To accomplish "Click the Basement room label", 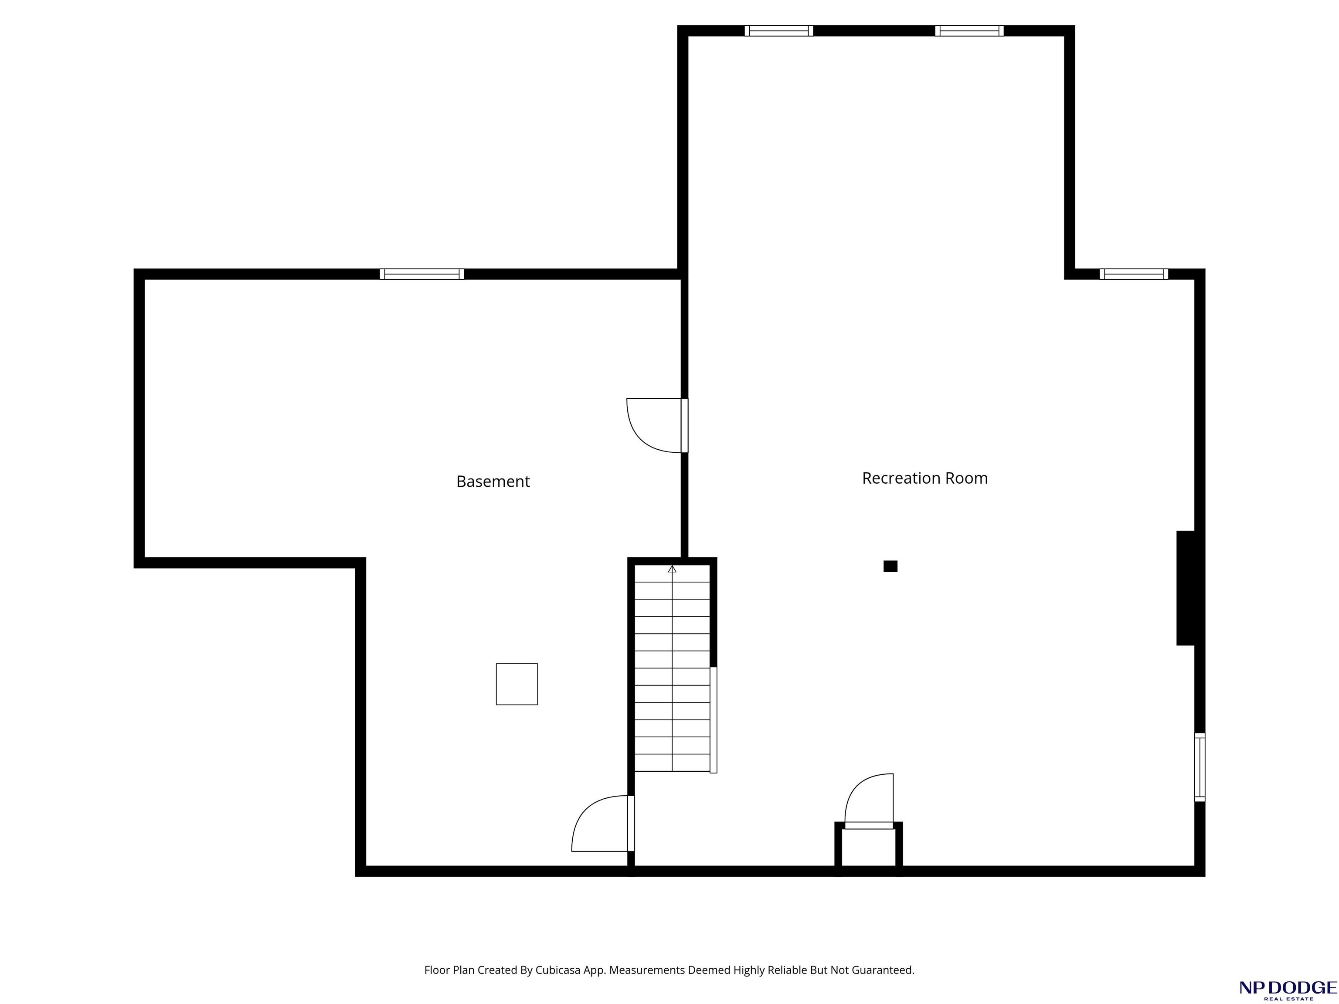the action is click(493, 481).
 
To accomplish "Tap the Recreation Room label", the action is click(924, 478).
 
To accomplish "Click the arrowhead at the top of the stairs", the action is click(672, 569).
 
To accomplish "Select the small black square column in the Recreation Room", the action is click(890, 566).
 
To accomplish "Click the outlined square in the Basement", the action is click(517, 684).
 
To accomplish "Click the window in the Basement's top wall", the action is click(422, 274).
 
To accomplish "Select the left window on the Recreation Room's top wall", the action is click(778, 31).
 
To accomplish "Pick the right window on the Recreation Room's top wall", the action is click(969, 31).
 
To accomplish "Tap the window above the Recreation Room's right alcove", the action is click(1134, 274).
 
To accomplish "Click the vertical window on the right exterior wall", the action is click(1200, 767).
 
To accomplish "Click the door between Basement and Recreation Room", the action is click(657, 425).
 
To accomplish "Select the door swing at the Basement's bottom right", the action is click(603, 823).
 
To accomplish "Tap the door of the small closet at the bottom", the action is click(869, 800).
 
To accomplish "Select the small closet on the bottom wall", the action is click(869, 847).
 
